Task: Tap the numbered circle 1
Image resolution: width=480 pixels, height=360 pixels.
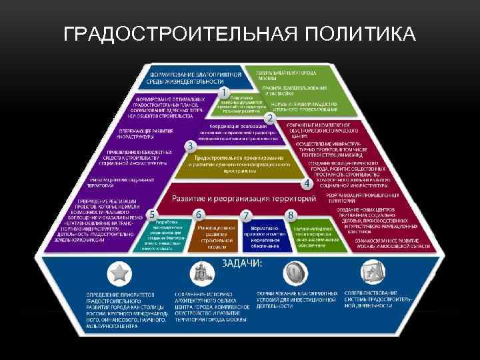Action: (x=225, y=91)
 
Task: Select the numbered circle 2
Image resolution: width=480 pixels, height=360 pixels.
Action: (x=270, y=118)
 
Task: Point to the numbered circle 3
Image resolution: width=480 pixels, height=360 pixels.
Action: (x=189, y=145)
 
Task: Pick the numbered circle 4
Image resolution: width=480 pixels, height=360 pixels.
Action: (x=307, y=182)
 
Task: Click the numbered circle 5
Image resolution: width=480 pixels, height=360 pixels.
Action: (x=153, y=215)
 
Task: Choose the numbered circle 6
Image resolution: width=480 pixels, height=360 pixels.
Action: (x=199, y=215)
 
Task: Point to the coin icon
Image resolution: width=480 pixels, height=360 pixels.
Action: (x=293, y=273)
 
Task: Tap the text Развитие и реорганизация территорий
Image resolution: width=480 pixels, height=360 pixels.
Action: (x=243, y=199)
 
